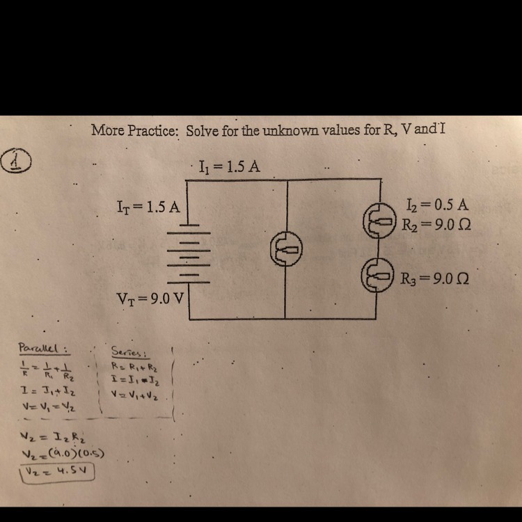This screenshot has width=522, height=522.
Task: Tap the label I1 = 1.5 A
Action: (229, 167)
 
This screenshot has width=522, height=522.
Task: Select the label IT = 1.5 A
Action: (149, 206)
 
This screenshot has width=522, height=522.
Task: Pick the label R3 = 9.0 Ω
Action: (438, 278)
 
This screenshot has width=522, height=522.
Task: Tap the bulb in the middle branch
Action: (286, 248)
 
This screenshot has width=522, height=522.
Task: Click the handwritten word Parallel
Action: (41, 347)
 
